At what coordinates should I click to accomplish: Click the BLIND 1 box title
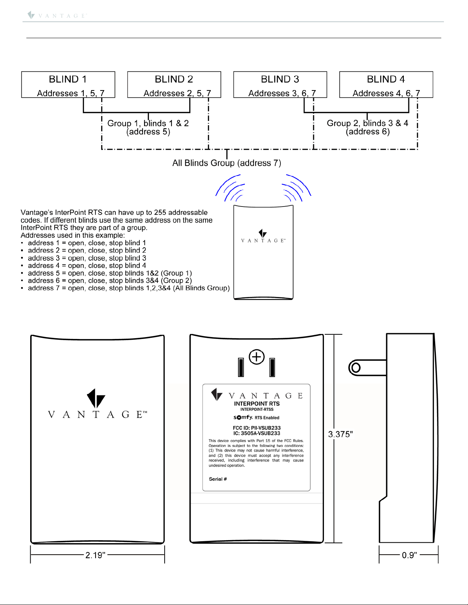[x=68, y=79]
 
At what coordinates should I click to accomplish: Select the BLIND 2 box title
[x=174, y=79]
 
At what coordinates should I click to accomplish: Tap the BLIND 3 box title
[x=280, y=79]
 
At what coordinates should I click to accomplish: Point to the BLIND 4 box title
[x=386, y=79]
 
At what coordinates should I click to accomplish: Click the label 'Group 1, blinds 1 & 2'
[x=148, y=123]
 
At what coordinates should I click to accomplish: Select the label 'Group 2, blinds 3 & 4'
[x=368, y=123]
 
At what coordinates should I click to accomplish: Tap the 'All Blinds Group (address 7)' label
[x=227, y=163]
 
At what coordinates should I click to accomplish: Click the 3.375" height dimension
[x=340, y=434]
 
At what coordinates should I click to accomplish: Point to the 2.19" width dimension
[x=95, y=555]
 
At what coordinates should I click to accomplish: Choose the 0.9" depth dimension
[x=409, y=555]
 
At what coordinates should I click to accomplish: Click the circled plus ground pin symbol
[x=257, y=357]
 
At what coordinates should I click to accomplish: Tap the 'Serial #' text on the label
[x=218, y=479]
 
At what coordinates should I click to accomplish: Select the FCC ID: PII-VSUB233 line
[x=257, y=428]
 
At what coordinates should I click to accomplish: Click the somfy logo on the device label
[x=243, y=417]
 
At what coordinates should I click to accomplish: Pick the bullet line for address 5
[x=110, y=273]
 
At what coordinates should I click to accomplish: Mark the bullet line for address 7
[x=128, y=288]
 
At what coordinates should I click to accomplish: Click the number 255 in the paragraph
[x=160, y=213]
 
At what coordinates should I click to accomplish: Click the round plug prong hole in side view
[x=356, y=368]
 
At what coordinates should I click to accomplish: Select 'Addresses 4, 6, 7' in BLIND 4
[x=386, y=93]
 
